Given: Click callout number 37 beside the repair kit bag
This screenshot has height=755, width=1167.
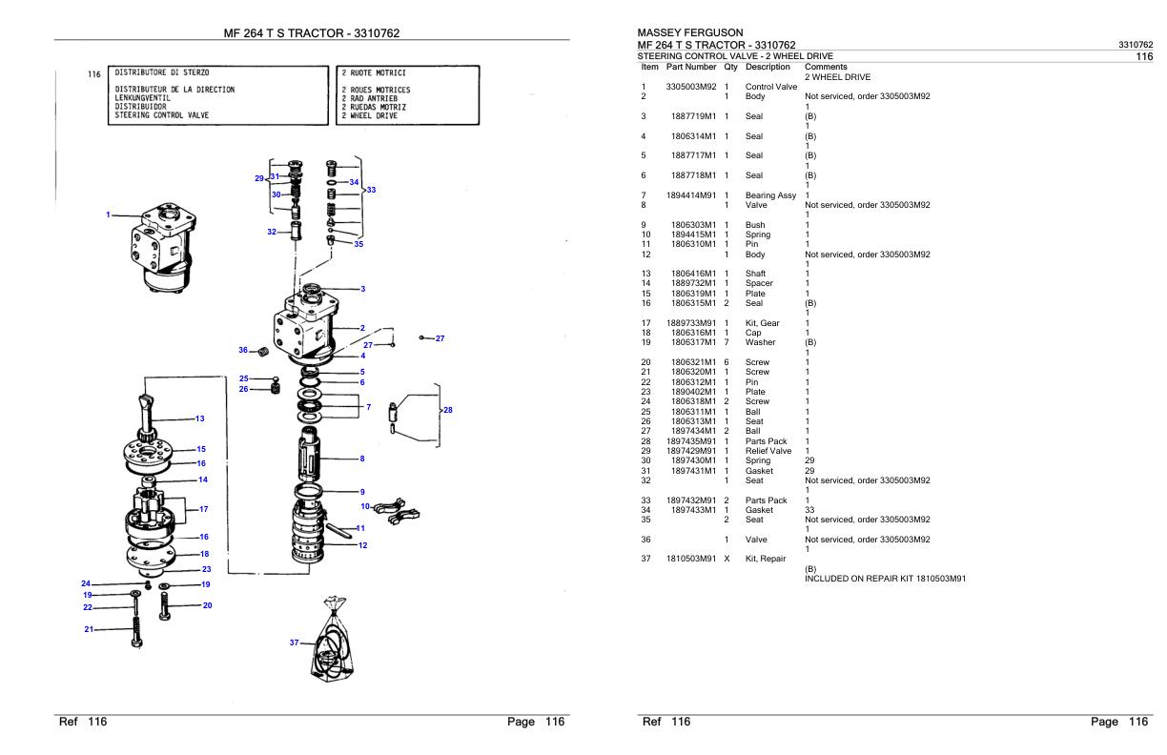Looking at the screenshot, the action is coord(295,643).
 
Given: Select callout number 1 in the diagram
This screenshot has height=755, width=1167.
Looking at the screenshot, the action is coord(108,214).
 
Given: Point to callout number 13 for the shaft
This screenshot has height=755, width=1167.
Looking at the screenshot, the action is coord(199,418).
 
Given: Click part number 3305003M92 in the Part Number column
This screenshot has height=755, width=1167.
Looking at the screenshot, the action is coord(691,87).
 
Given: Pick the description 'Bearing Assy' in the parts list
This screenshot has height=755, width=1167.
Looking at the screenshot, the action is coord(770,195).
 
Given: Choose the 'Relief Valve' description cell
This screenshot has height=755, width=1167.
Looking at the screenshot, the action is coord(768,451).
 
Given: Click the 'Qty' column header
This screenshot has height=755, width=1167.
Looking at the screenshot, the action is coord(730,67).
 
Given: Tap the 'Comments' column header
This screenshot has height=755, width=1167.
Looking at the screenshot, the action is coord(826,67).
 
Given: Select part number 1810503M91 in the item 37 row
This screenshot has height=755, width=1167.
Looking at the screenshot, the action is coord(691,559).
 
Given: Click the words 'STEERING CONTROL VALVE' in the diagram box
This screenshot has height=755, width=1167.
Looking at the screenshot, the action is coord(161,115).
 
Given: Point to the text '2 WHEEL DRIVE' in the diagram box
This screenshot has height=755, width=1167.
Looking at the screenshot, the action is coord(369,115).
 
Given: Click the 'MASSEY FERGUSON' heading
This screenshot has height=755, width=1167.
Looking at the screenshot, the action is coord(689,32).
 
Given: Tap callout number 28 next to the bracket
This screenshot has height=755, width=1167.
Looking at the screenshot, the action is coord(447,410).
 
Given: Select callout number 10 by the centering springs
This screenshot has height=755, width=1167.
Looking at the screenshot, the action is coord(365,506).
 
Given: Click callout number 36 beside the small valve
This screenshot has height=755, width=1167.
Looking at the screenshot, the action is coord(243,350).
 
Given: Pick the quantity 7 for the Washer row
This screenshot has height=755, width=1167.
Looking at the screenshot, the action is coord(727,342).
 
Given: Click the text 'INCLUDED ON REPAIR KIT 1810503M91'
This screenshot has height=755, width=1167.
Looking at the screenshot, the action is coord(885,579).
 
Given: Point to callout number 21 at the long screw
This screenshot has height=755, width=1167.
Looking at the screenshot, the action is coord(89,629).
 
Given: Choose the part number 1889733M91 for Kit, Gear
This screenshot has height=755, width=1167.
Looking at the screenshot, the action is coord(691,323).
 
